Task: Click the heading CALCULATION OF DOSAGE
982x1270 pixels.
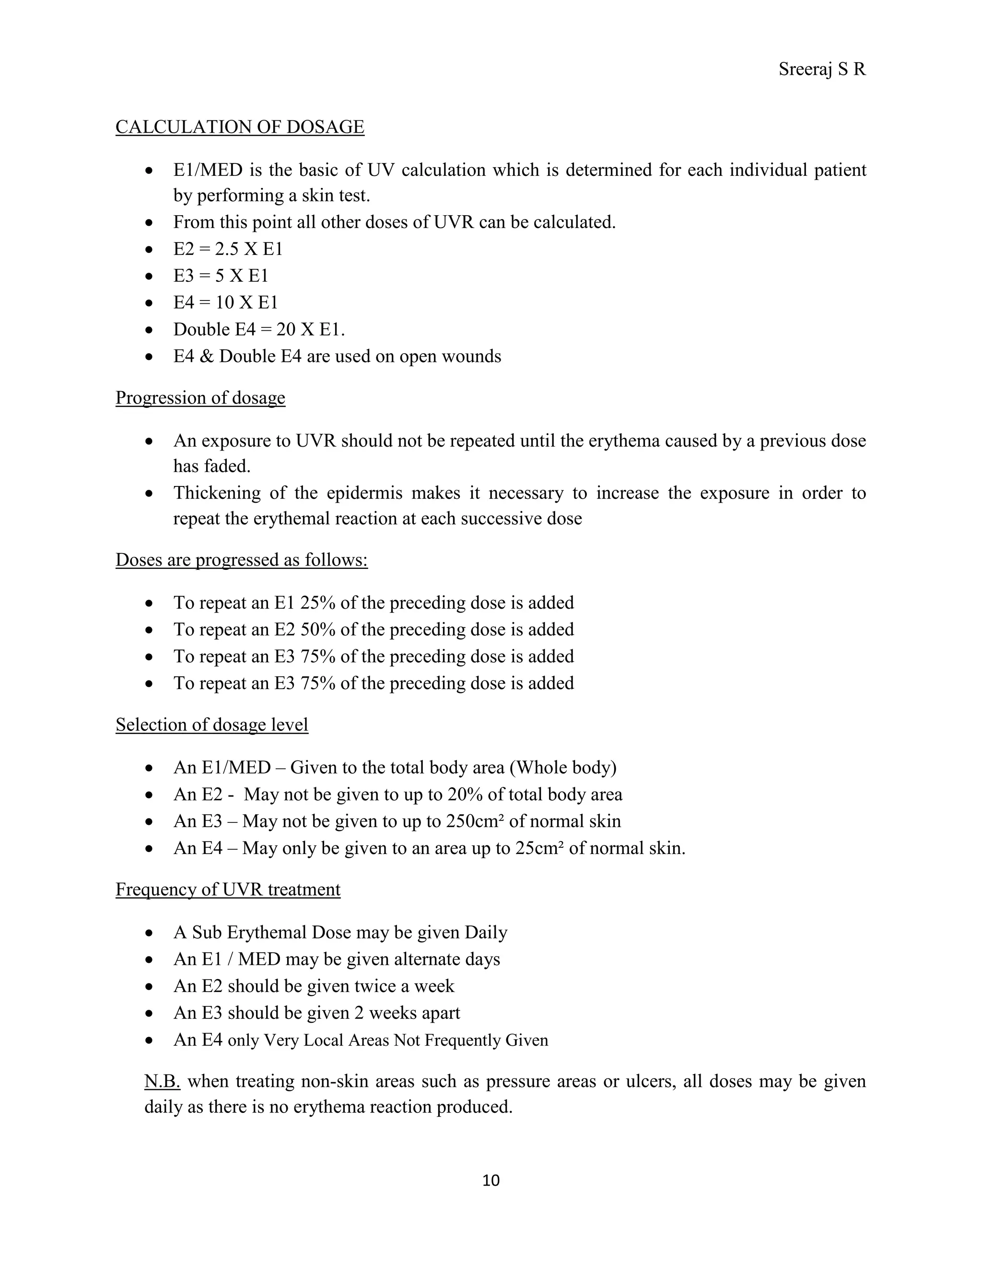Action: click(240, 127)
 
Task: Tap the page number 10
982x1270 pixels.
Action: click(491, 1180)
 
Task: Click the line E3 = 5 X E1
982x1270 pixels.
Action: click(221, 276)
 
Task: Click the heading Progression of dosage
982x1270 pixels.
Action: click(200, 398)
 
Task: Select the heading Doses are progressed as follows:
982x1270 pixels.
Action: click(242, 559)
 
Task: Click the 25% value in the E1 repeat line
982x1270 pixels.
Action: click(317, 602)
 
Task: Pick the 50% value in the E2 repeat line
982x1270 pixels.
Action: click(317, 629)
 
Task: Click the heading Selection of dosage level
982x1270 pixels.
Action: click(212, 725)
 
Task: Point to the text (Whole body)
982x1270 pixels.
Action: click(562, 768)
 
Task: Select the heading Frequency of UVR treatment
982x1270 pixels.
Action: click(228, 889)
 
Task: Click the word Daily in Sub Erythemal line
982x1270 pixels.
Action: click(486, 933)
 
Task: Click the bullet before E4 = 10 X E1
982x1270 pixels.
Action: click(150, 303)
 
